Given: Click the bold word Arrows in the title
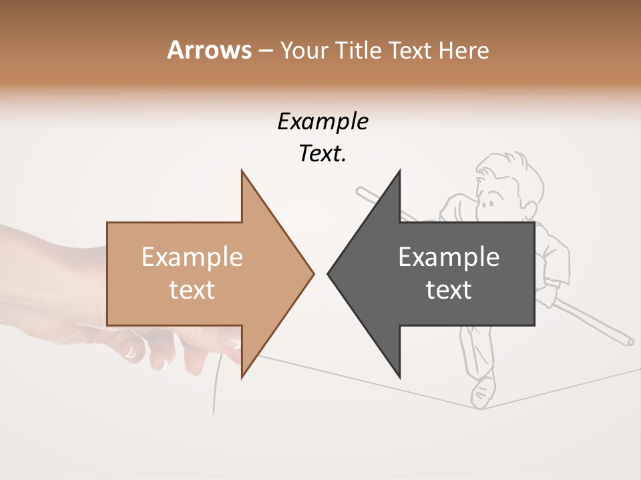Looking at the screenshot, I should (209, 50).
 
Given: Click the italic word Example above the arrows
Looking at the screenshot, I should (323, 121).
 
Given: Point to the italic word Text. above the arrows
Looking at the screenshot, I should (323, 153).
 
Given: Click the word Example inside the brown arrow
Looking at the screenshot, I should (192, 257).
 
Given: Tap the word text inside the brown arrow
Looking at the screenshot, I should (192, 289).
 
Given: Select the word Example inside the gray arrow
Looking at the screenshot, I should (449, 257).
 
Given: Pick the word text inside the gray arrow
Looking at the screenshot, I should (449, 289).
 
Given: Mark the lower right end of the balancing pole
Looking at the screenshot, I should (630, 343).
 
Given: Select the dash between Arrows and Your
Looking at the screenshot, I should (265, 51).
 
